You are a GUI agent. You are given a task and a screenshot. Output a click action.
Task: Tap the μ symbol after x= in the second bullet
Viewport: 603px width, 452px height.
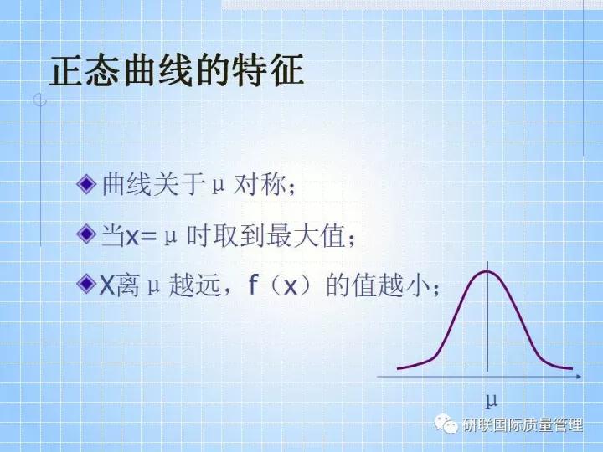point(170,237)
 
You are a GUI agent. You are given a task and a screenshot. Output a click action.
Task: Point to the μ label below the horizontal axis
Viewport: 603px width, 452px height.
point(492,398)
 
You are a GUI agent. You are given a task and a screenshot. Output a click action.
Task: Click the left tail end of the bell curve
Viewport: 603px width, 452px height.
point(399,367)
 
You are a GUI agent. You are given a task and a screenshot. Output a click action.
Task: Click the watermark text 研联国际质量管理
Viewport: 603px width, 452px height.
point(523,426)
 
